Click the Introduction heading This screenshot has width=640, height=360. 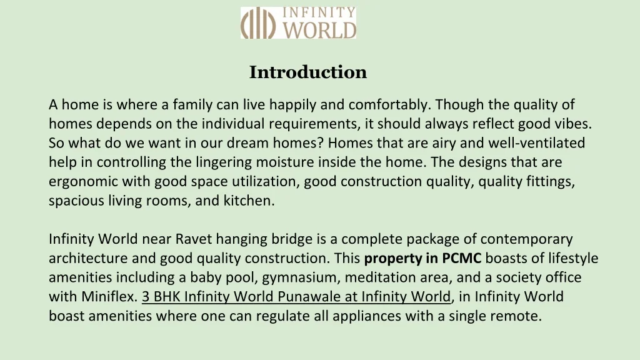click(x=308, y=72)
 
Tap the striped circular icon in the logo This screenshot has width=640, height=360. click(x=257, y=23)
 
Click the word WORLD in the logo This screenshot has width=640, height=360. click(x=319, y=30)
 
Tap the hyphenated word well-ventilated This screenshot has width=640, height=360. click(x=537, y=143)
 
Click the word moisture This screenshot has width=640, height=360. click(x=285, y=162)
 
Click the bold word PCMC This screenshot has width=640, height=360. click(x=462, y=258)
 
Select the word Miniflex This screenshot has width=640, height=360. click(x=109, y=296)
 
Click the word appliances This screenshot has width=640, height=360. click(x=366, y=316)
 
